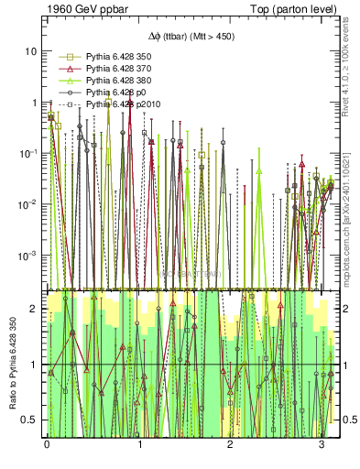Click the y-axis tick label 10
click(30, 52)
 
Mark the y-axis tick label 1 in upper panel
click(34, 103)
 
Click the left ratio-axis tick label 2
click(34, 310)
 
